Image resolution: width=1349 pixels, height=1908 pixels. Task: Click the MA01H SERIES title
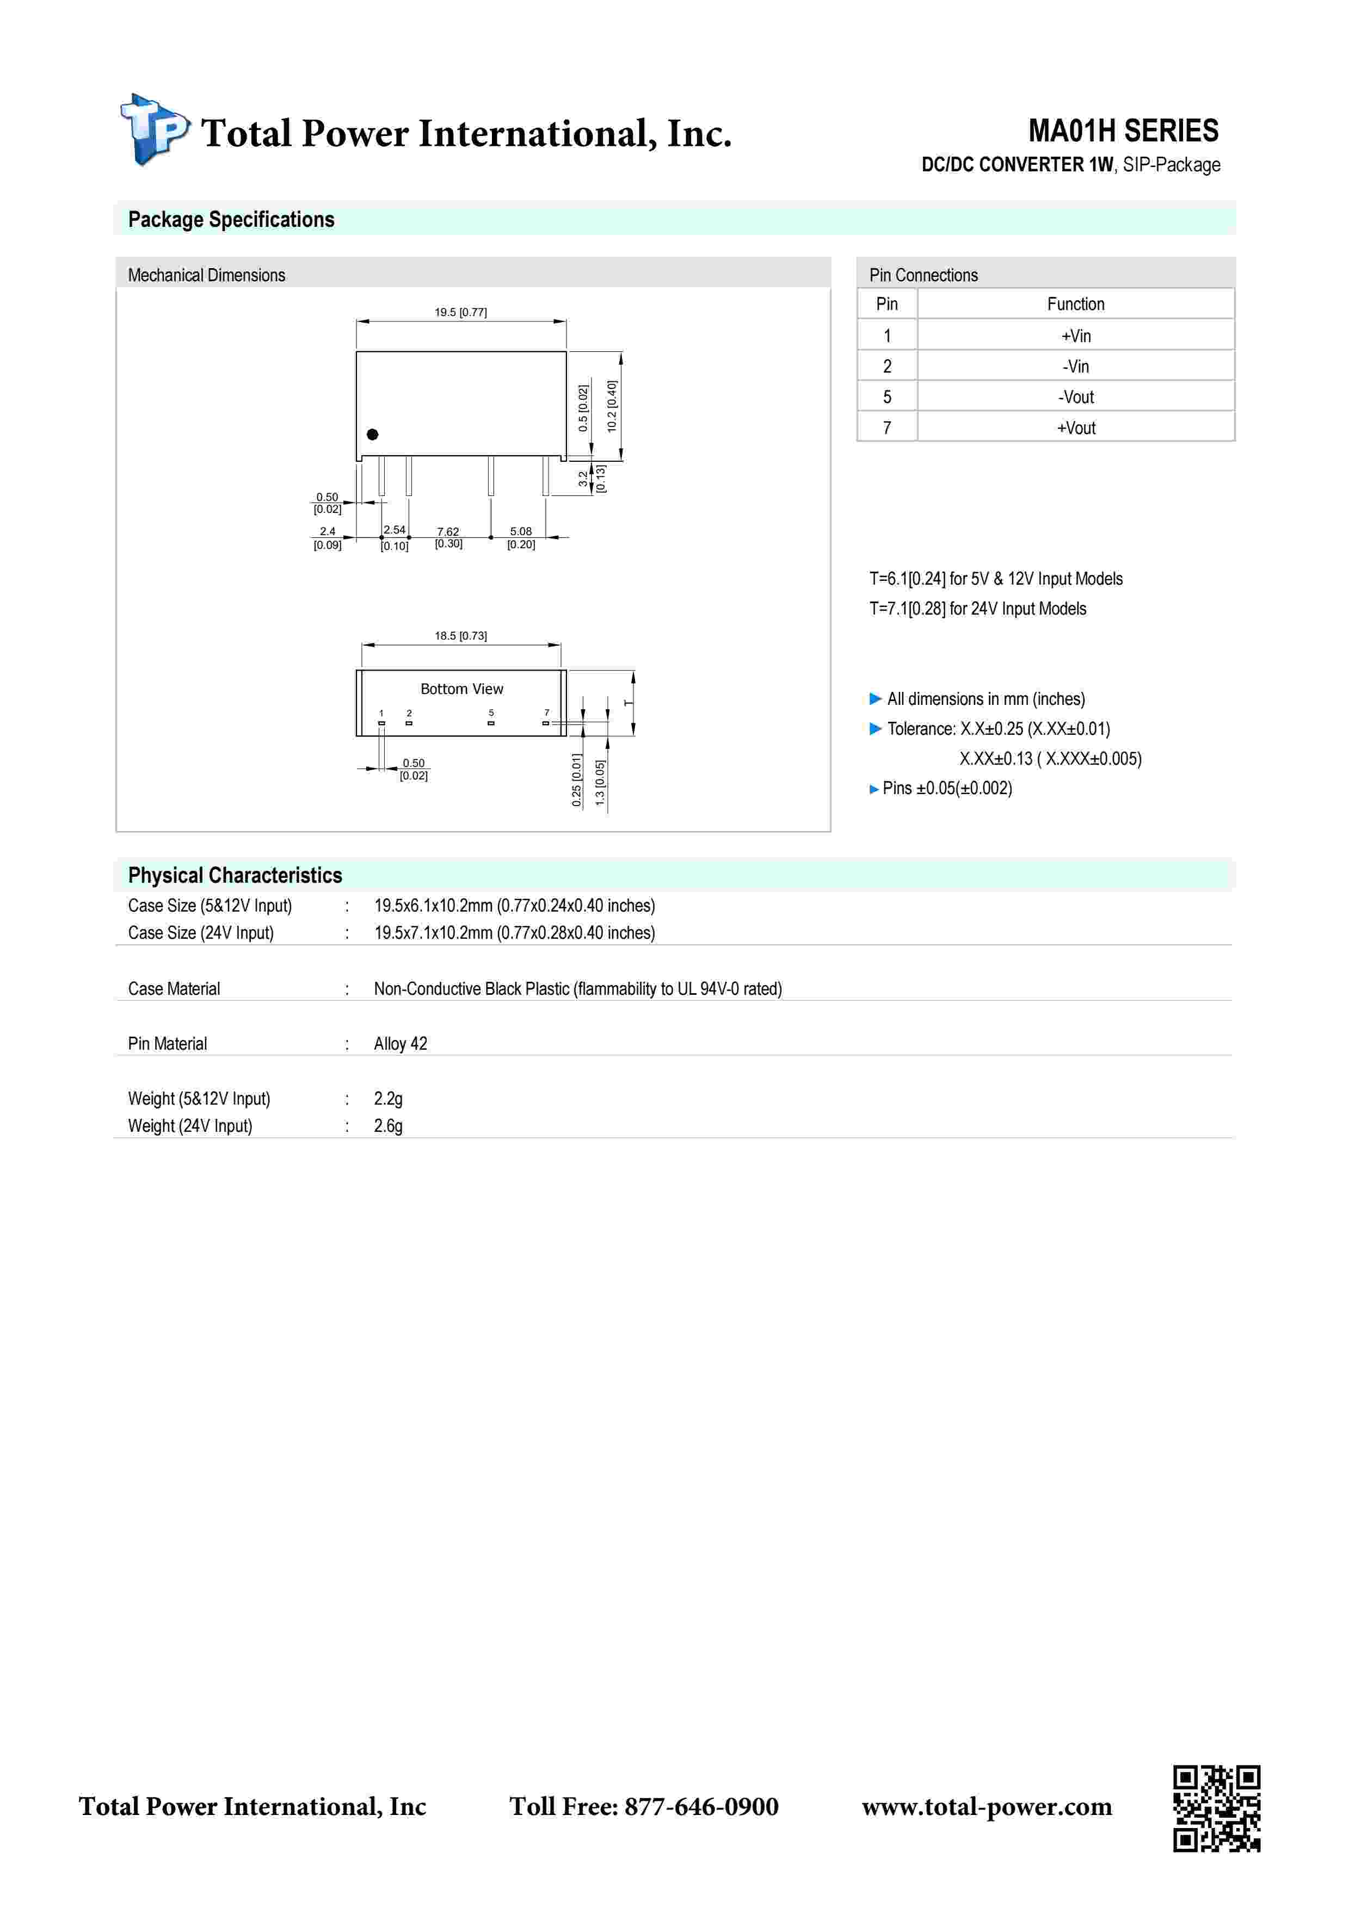(x=1123, y=131)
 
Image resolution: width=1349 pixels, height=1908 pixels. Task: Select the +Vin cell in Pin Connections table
(x=1075, y=336)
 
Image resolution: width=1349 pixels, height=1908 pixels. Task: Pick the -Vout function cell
(x=1075, y=397)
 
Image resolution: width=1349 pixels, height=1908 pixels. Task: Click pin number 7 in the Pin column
(x=887, y=428)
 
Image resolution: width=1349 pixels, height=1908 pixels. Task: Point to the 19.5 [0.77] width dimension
(x=460, y=312)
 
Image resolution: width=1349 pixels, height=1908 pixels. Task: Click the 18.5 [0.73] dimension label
(x=460, y=636)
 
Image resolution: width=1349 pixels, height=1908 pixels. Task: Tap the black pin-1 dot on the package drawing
(x=372, y=435)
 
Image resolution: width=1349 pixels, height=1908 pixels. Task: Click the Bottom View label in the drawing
(x=461, y=689)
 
